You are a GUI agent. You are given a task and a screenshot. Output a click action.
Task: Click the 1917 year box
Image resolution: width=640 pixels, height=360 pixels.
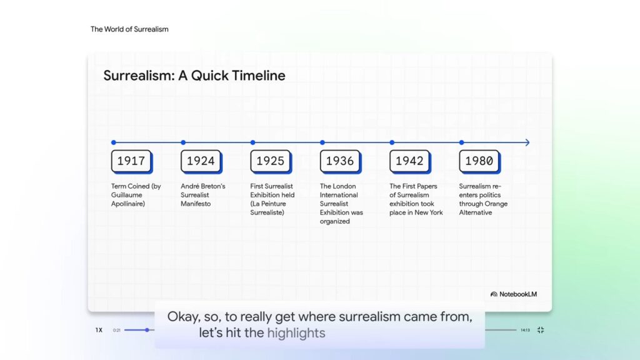tap(131, 161)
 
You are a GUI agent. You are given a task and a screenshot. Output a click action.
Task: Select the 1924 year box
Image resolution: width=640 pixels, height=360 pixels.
tap(201, 161)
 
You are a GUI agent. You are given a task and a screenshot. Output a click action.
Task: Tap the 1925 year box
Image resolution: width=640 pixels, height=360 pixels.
tap(270, 161)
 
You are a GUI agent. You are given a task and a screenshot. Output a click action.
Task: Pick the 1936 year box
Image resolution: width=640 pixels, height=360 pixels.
tap(340, 161)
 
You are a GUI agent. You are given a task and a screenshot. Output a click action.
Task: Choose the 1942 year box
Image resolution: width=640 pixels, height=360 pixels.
tap(409, 161)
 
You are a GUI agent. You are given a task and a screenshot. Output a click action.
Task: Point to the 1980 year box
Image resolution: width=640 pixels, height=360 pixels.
tap(479, 161)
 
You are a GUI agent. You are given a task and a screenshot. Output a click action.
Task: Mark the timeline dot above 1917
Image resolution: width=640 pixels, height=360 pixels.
tap(114, 142)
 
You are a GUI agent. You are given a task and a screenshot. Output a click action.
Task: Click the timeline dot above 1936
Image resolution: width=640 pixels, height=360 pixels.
tap(322, 142)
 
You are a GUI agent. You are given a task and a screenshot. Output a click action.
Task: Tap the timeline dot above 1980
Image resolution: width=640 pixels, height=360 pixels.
tap(462, 142)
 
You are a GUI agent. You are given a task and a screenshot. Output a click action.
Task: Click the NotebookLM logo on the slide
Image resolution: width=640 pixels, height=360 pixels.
tap(513, 294)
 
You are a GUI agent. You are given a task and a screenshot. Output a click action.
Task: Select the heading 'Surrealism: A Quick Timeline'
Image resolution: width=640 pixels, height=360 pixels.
tap(194, 76)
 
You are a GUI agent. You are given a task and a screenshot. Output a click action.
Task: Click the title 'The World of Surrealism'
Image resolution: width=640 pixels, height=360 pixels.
tap(129, 29)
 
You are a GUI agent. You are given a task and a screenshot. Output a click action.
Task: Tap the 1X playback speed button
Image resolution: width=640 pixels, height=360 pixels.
tap(99, 330)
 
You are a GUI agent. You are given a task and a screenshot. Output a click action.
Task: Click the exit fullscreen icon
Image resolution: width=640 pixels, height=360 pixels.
tap(541, 330)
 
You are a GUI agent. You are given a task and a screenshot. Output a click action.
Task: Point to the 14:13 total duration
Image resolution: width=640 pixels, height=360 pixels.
tap(525, 330)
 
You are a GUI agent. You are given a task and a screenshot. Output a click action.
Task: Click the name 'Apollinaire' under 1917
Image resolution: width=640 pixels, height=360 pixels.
tap(128, 204)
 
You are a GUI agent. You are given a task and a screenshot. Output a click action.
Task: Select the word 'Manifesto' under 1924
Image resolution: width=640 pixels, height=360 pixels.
tap(196, 204)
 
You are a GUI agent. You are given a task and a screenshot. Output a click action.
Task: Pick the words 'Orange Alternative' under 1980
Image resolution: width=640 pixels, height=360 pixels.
tap(483, 208)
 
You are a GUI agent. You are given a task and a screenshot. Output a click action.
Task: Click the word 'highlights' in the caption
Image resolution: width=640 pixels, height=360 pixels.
tap(296, 333)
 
